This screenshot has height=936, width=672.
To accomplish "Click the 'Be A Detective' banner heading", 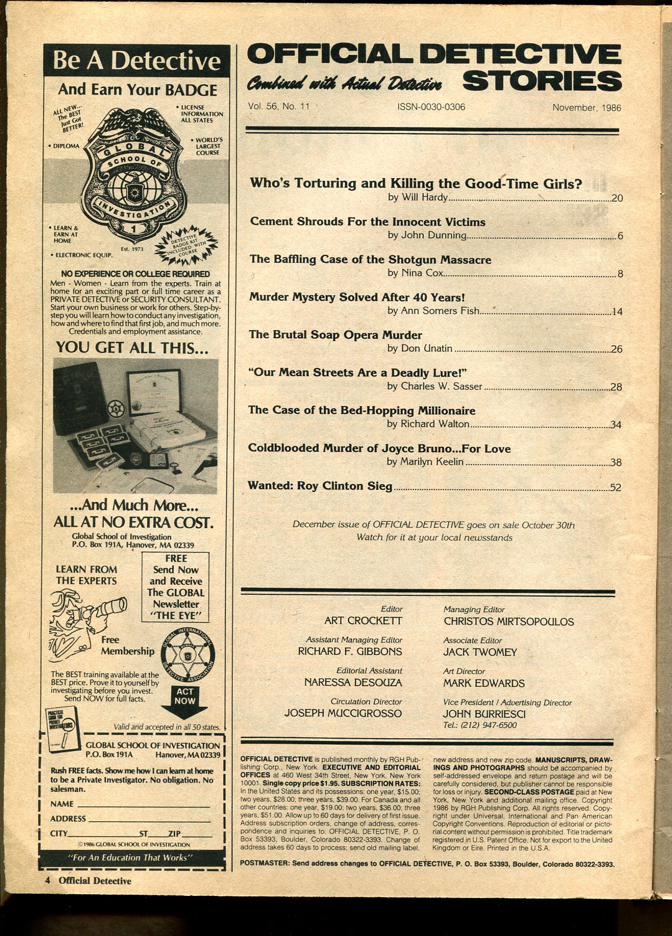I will click(x=136, y=62).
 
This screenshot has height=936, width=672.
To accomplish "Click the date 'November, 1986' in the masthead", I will click(x=586, y=108).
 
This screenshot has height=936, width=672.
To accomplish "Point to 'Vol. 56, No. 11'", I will click(x=279, y=107).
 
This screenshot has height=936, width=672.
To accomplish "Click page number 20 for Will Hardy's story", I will click(x=617, y=198).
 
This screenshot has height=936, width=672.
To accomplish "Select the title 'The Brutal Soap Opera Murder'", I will click(x=335, y=335).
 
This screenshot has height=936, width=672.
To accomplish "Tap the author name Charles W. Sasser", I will click(x=434, y=386).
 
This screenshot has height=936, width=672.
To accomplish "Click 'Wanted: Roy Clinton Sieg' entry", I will click(x=320, y=486).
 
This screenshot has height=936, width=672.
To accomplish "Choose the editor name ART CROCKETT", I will click(x=363, y=621).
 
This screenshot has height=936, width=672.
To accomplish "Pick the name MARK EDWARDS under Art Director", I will click(x=484, y=683).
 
